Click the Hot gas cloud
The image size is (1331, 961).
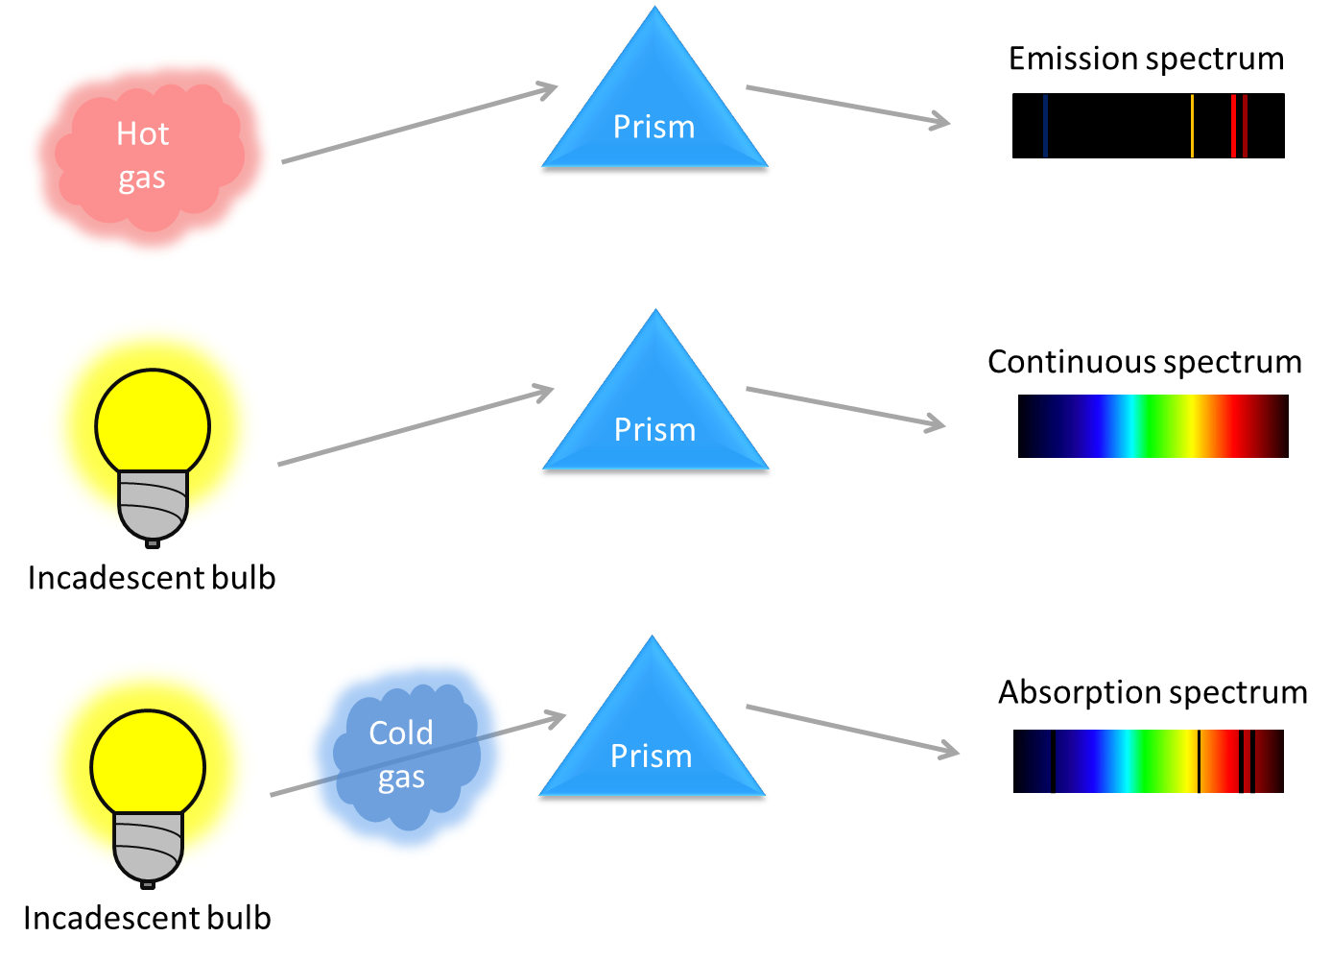[144, 158]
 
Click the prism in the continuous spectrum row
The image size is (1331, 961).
[655, 413]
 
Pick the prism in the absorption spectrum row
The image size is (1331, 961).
[652, 739]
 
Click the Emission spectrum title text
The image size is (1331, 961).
[1146, 59]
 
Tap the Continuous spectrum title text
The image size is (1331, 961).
[1145, 362]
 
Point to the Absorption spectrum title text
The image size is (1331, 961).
[1153, 692]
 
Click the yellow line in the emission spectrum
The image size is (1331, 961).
[1192, 126]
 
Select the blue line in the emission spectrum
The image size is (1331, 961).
[1045, 126]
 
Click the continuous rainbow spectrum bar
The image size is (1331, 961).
[1153, 426]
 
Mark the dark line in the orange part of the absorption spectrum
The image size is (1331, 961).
[1199, 761]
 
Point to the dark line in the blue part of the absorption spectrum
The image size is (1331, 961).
[1053, 761]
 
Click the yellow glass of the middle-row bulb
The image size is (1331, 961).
[153, 422]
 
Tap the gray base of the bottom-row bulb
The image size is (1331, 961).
[148, 847]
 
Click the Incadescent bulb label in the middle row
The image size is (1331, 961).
[152, 578]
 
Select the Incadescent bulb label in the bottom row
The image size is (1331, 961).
[147, 919]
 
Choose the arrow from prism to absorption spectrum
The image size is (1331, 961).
[852, 730]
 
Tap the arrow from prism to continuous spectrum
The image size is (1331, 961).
[844, 407]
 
